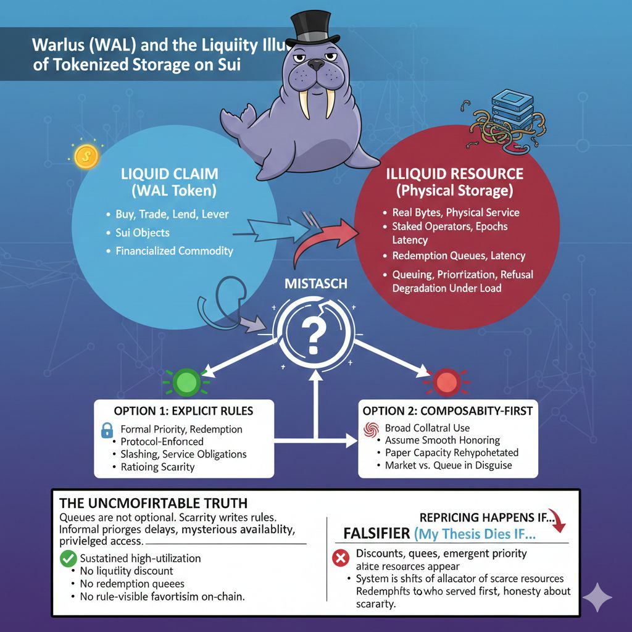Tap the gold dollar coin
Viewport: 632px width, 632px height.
(x=86, y=156)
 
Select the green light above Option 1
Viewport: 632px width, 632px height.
(x=185, y=381)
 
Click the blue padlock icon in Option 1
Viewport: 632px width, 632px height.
(x=107, y=431)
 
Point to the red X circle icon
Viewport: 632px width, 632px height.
(x=340, y=559)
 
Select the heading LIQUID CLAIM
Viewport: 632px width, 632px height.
(x=169, y=174)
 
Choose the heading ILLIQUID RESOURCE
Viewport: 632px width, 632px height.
(x=454, y=173)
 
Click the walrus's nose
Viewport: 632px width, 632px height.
(x=316, y=64)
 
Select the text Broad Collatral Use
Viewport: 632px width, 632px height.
(x=427, y=428)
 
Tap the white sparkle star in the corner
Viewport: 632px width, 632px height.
(x=597, y=597)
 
